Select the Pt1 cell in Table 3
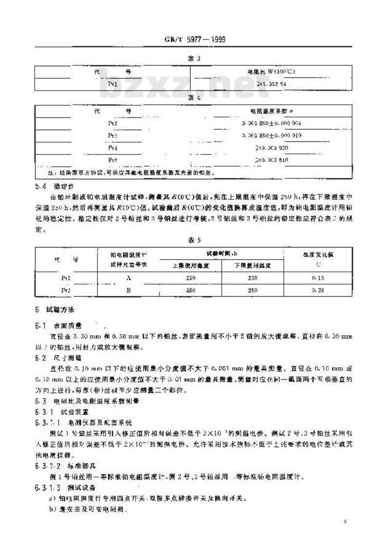[x=113, y=84]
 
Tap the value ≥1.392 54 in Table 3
[x=271, y=84]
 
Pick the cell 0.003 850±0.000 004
[x=271, y=123]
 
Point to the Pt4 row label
[x=113, y=147]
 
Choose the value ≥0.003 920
[x=271, y=147]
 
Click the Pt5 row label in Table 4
[x=113, y=159]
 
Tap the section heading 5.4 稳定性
[x=54, y=186]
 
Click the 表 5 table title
[x=195, y=240]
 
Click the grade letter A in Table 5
[x=128, y=278]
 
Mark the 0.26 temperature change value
[x=318, y=289]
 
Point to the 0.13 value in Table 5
[x=318, y=278]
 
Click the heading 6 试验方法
[x=54, y=310]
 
